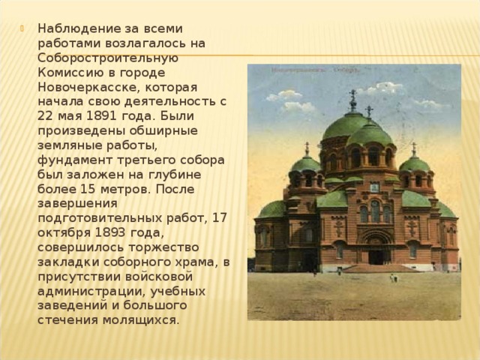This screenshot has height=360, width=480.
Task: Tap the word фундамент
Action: (72, 161)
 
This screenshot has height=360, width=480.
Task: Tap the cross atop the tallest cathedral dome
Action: (352, 99)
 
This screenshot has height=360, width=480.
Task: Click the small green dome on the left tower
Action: (307, 164)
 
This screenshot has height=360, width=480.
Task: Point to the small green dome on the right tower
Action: (415, 164)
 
